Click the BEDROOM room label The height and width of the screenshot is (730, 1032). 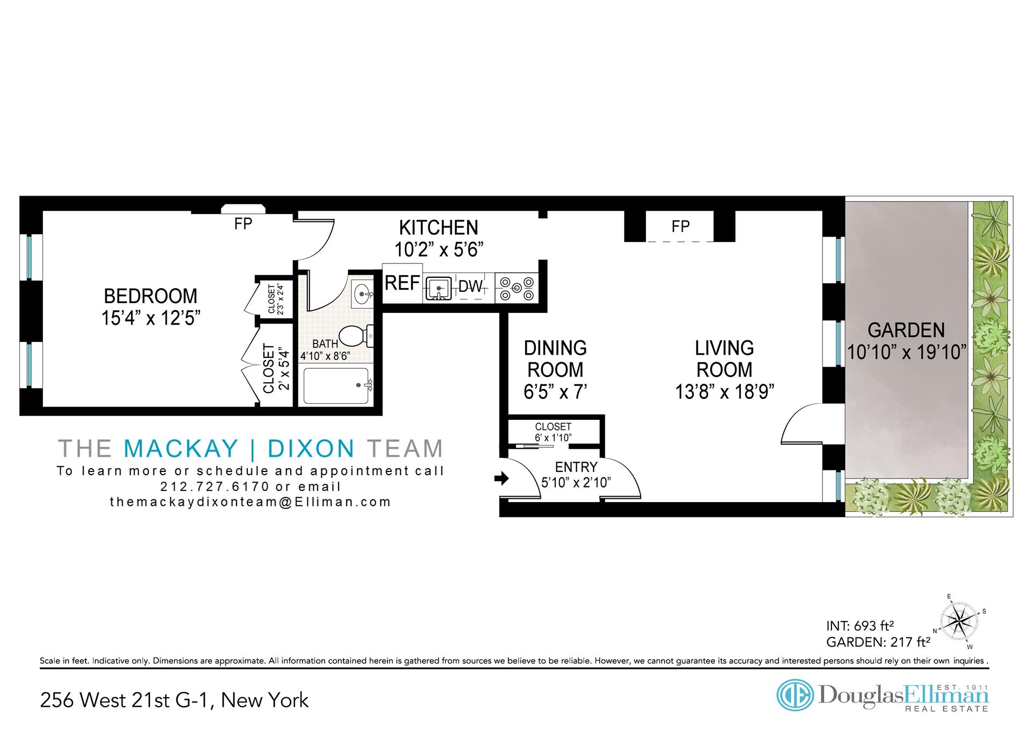pos(150,296)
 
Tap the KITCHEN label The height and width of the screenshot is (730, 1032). pos(439,228)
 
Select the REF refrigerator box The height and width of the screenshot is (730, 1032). pos(403,283)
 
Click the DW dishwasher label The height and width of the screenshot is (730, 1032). pos(471,287)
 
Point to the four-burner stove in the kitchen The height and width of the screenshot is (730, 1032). pos(517,288)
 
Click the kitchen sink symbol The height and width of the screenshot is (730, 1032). pos(439,288)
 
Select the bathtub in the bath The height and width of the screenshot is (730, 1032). pos(336,386)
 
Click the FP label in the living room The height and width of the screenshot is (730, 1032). pos(680,226)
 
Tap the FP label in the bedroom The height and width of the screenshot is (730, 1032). pos(243,224)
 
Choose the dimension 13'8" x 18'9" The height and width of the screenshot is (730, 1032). pos(725,392)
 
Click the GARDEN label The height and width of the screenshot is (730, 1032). pos(906,330)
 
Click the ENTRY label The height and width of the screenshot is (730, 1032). pos(576,467)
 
